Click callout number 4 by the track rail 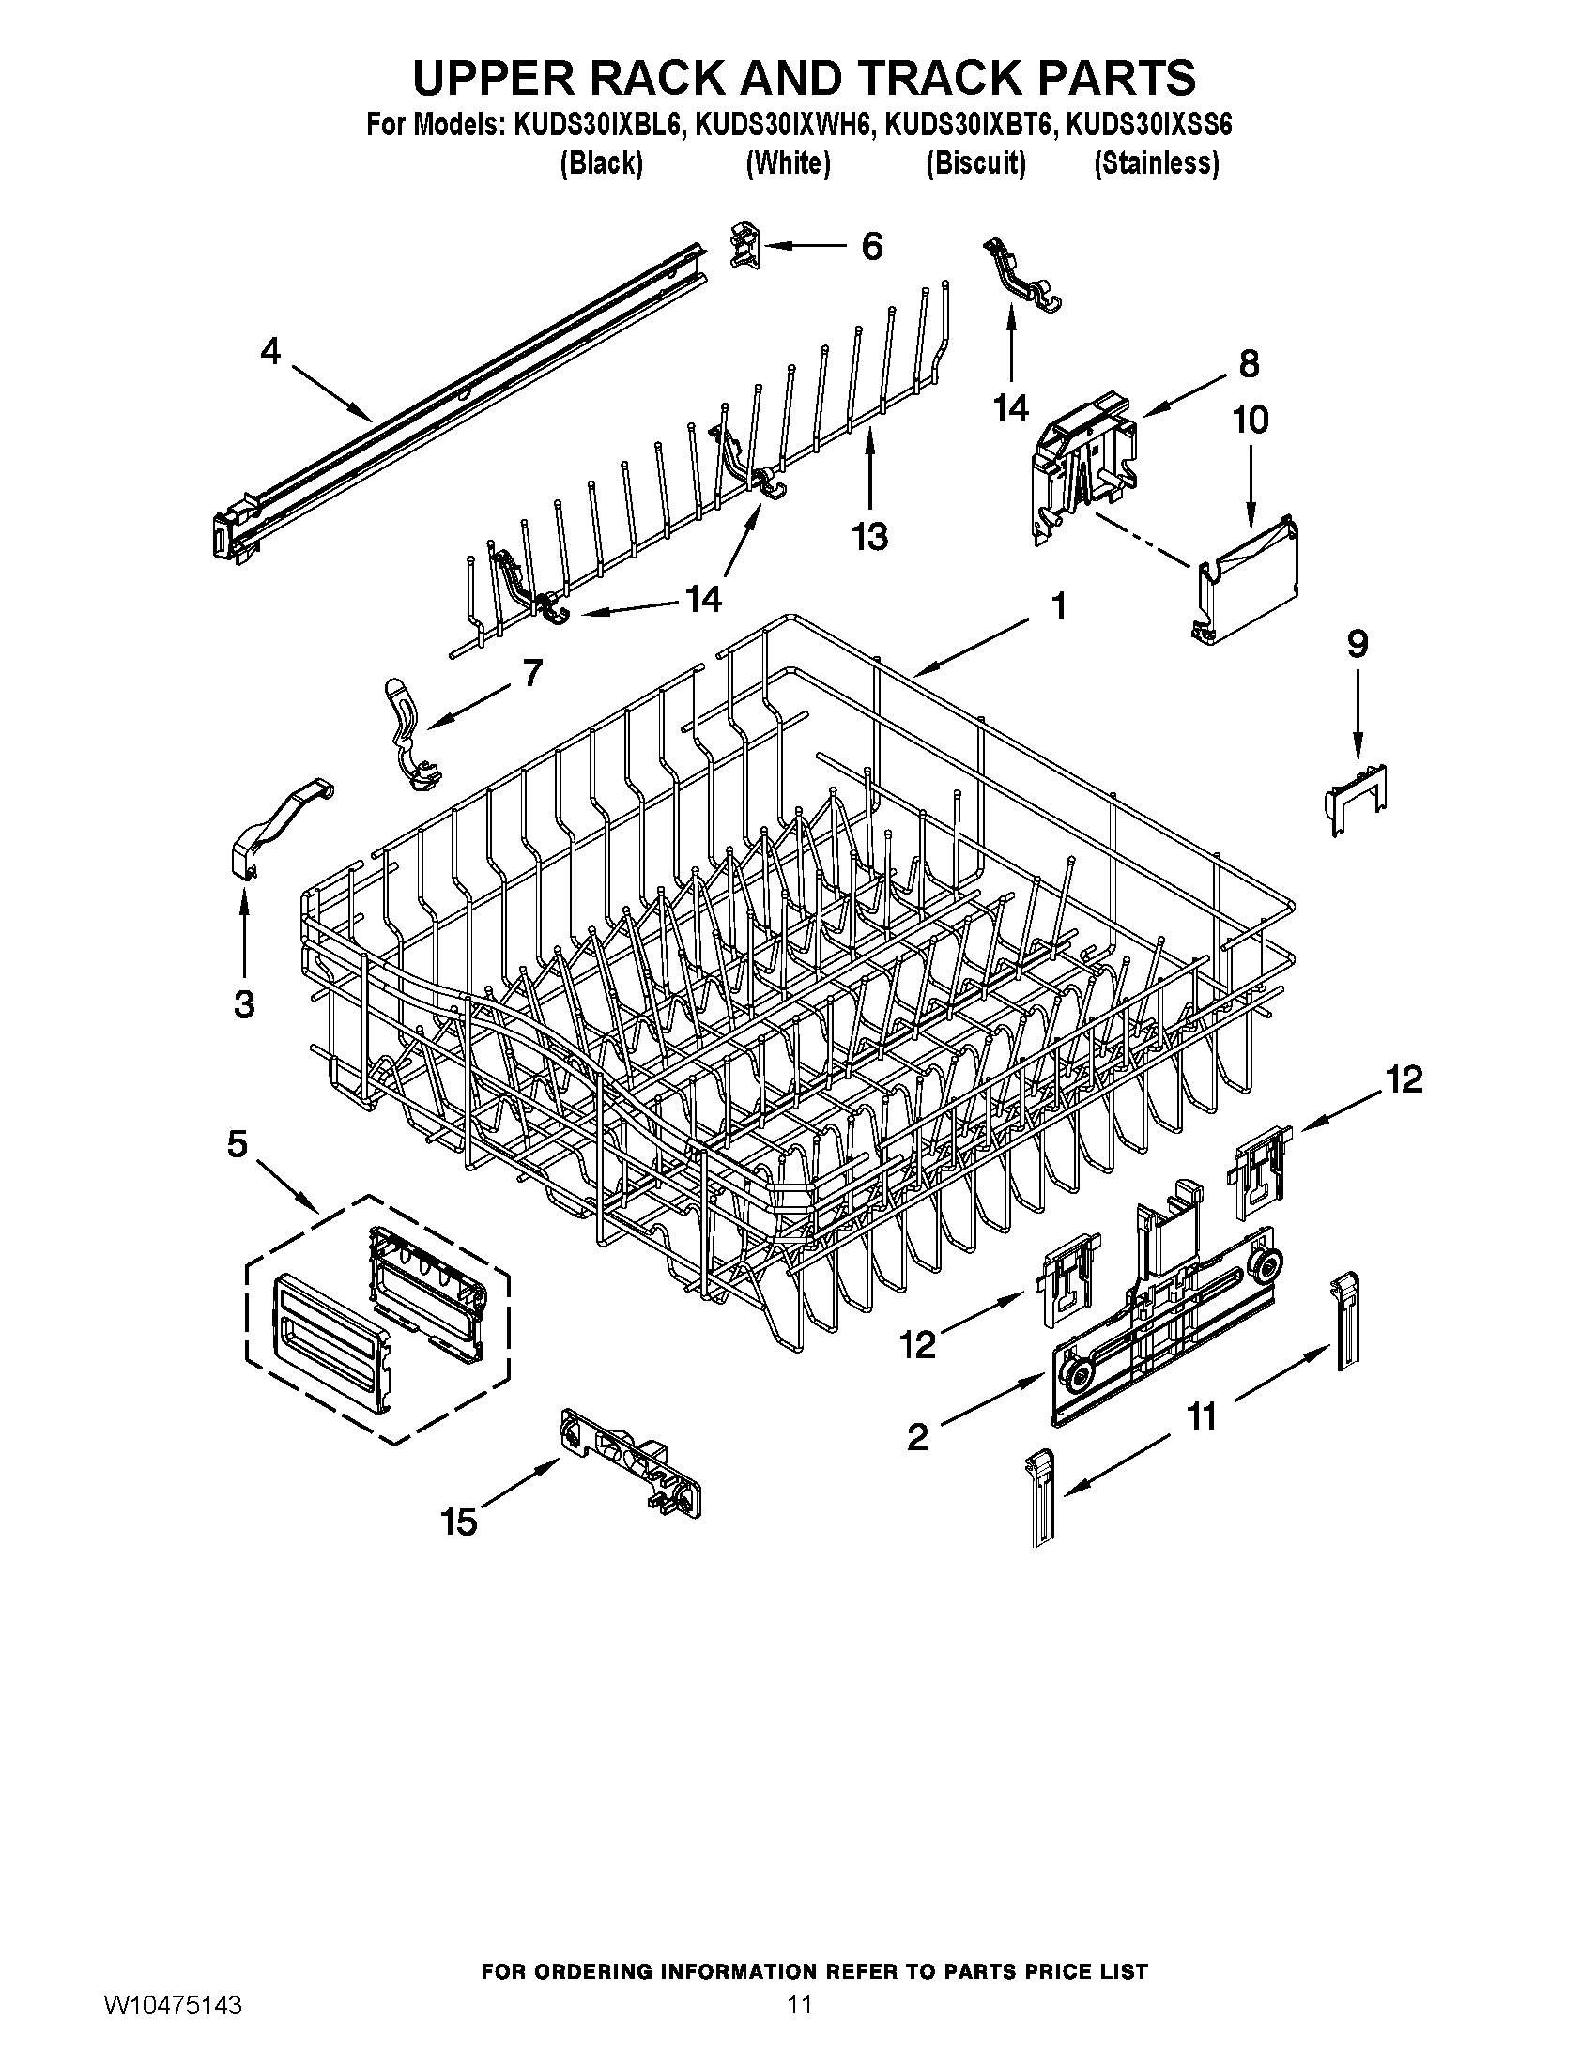[270, 352]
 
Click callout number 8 [1248, 363]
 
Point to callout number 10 [1250, 420]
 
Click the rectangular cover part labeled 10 [1246, 585]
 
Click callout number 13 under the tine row [869, 537]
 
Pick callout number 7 [532, 673]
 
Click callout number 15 [458, 1522]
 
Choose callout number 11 [1201, 1417]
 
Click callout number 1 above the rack [1059, 606]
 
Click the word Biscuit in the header [974, 163]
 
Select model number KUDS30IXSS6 [1148, 125]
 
